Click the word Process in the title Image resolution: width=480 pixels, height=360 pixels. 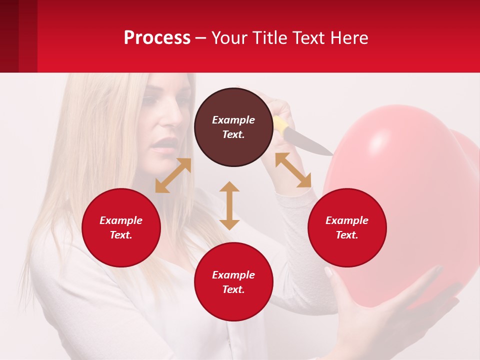point(157,38)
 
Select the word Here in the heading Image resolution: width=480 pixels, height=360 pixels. point(349,38)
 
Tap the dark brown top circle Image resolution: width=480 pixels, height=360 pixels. point(233,127)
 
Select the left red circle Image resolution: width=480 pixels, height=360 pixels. point(121,227)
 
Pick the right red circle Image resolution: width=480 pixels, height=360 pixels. point(347,227)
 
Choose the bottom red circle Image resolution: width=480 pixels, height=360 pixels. point(233,282)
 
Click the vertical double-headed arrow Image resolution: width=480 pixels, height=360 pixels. point(229,205)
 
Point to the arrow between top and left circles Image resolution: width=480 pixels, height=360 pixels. point(173,175)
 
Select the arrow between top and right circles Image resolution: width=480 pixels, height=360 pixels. point(293,170)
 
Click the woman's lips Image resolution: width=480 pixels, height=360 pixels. point(162,145)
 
